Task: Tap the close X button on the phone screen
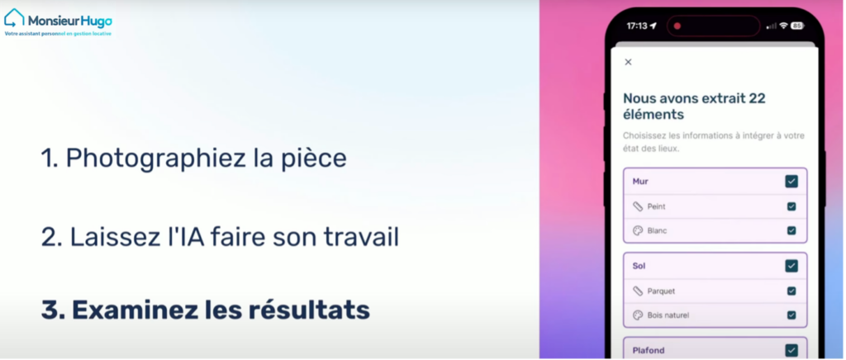628,62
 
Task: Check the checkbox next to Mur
791,182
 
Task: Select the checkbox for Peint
791,206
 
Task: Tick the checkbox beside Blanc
791,230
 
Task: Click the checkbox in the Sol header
791,266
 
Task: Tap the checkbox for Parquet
791,291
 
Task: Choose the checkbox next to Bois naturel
791,315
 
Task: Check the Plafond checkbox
791,350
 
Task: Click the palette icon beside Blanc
638,230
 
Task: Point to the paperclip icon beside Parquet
638,291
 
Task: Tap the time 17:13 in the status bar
636,26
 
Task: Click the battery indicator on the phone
797,26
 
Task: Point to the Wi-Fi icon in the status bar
783,26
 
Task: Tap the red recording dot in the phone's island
677,26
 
